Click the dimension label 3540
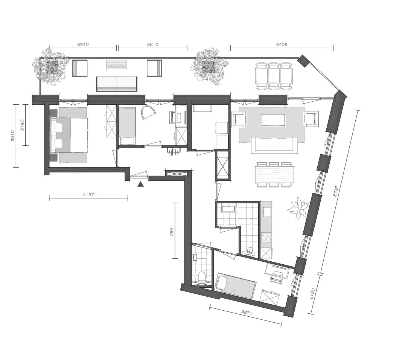(x=83, y=44)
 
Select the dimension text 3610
(x=152, y=44)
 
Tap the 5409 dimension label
(x=282, y=44)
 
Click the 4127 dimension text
(x=88, y=195)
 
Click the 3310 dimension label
(x=12, y=136)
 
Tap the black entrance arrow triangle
(x=141, y=184)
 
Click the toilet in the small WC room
(x=202, y=277)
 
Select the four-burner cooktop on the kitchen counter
(x=266, y=238)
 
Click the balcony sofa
(x=117, y=84)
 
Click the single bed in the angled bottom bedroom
(x=235, y=286)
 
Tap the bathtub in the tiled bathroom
(x=229, y=209)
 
